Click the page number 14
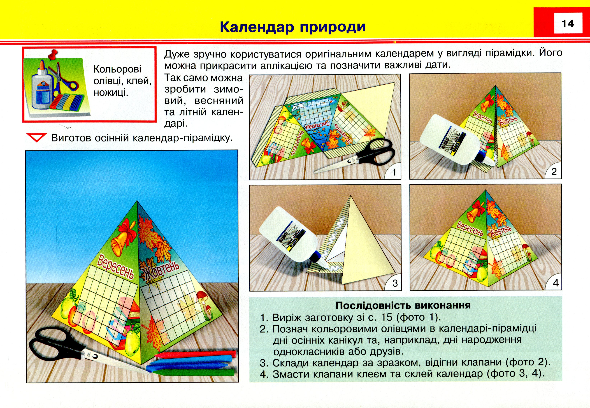tap(568, 24)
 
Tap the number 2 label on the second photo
tap(554, 171)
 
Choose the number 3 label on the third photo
tap(395, 283)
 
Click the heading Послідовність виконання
tap(403, 305)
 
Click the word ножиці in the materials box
tap(111, 92)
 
